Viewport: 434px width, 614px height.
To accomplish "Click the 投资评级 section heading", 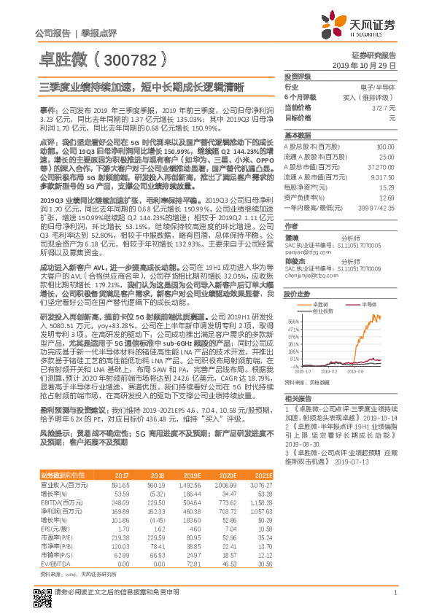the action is pyautogui.click(x=298, y=76).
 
